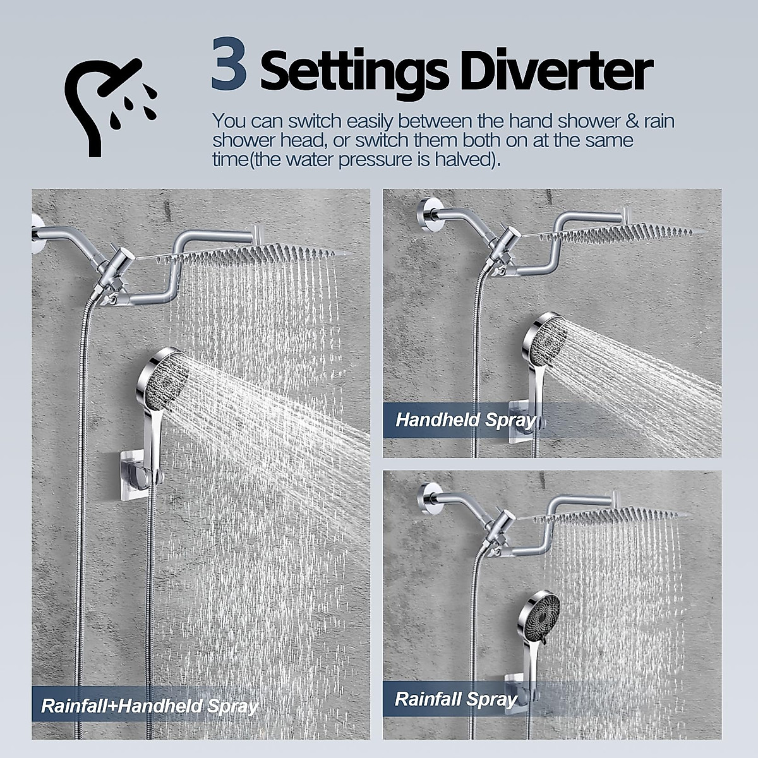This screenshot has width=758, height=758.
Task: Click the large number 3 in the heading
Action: point(228,65)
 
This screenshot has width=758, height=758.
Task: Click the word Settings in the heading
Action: point(354,73)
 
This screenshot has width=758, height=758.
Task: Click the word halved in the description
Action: point(463,159)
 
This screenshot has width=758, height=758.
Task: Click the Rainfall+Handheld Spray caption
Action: point(149,706)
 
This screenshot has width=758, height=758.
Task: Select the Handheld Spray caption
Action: point(465,419)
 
